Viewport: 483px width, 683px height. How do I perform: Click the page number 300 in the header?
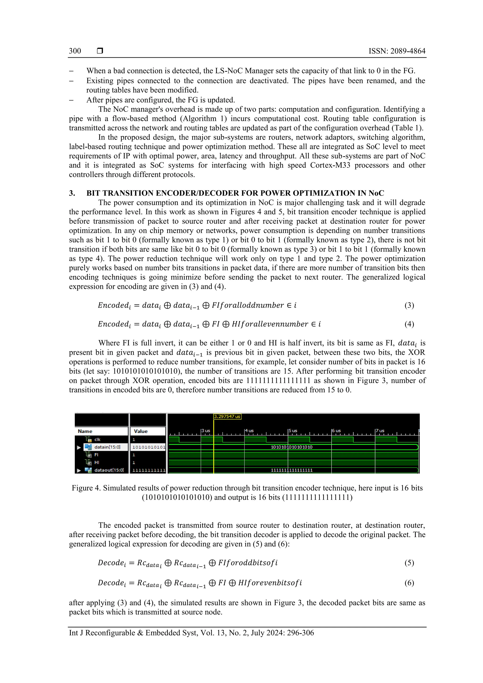pos(75,51)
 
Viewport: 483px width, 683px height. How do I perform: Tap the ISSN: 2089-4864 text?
pos(397,51)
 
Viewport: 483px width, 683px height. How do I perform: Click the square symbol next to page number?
pos(100,51)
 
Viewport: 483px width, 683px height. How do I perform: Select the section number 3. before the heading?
pos(72,193)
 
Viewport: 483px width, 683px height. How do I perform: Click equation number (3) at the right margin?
pos(409,305)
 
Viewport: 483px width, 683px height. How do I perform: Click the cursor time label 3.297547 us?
pos(227,416)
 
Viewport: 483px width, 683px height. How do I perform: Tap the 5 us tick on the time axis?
pos(292,430)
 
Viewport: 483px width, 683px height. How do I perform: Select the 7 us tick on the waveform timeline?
pos(380,430)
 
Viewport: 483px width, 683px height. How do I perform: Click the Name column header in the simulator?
pos(85,431)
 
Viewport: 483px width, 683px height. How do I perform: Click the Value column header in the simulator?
pos(141,431)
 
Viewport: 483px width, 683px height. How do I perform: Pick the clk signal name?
pos(97,439)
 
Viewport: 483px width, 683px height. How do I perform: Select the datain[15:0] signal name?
pos(107,447)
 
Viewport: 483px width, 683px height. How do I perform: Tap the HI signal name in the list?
pos(97,462)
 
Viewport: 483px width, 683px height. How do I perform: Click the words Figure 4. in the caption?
pos(86,488)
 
